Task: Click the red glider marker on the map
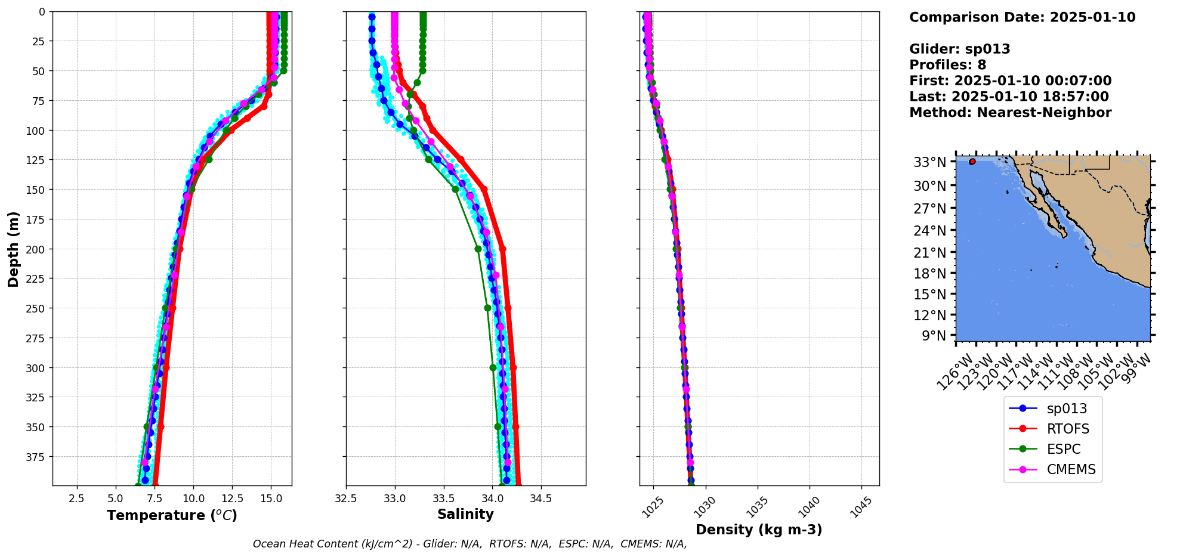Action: click(972, 162)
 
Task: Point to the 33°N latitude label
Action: click(929, 162)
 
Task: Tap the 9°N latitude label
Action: click(934, 336)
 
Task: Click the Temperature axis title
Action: click(172, 515)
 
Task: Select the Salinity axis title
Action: click(465, 514)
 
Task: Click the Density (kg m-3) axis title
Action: click(759, 530)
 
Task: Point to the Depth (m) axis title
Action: click(14, 249)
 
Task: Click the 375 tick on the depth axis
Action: click(34, 457)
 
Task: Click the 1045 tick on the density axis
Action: click(861, 508)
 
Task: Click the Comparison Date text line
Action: click(1022, 17)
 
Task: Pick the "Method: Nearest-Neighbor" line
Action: click(1010, 113)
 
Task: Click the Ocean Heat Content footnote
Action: click(469, 544)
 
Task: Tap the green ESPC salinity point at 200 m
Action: click(478, 249)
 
